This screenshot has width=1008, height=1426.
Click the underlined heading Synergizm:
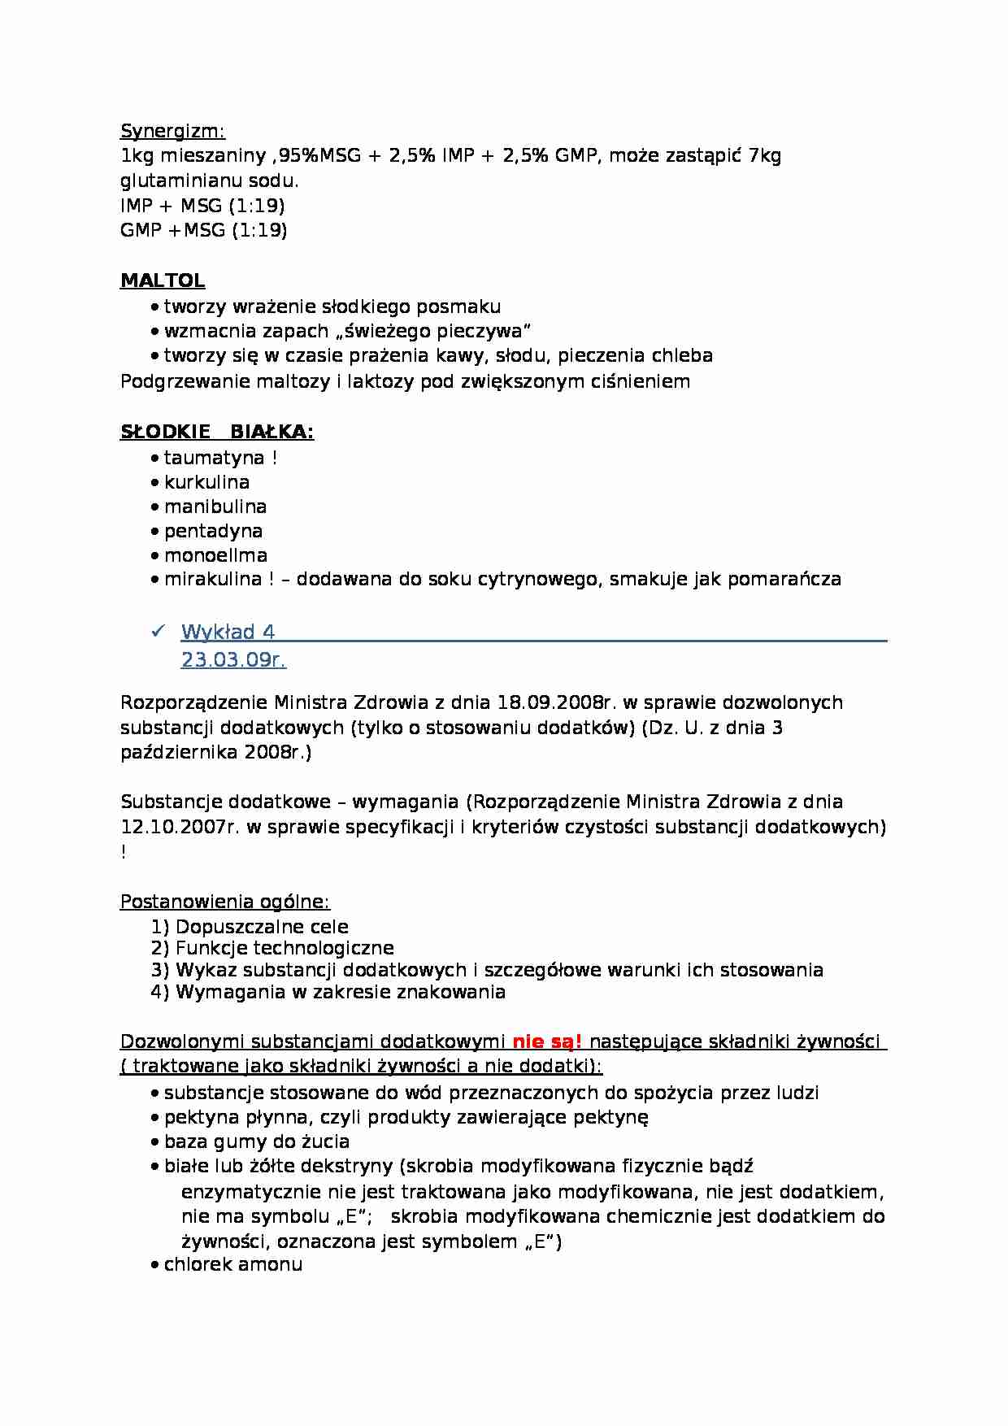(x=172, y=131)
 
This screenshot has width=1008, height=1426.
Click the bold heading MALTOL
(x=163, y=280)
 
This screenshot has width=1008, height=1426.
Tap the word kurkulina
(x=206, y=482)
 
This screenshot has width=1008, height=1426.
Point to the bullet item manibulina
(x=215, y=506)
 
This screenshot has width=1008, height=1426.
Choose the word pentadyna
(x=213, y=531)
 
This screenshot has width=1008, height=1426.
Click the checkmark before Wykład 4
(x=159, y=631)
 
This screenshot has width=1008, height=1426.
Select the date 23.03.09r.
(x=233, y=659)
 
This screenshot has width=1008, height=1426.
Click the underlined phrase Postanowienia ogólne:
(x=225, y=902)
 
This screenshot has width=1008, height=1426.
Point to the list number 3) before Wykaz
(x=160, y=970)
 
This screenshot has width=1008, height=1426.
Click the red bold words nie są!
(x=546, y=1041)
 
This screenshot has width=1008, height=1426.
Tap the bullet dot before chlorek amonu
(x=154, y=1265)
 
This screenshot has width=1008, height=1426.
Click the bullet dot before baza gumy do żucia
(x=154, y=1142)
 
